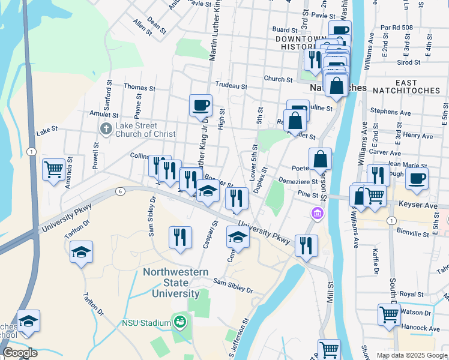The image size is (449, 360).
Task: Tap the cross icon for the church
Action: pyautogui.click(x=106, y=129)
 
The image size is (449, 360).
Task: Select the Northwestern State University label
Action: pyautogui.click(x=170, y=283)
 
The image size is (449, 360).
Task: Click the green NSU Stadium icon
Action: pyautogui.click(x=179, y=323)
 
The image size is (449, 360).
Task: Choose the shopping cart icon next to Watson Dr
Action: pyautogui.click(x=389, y=314)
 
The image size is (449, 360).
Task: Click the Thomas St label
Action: pyautogui.click(x=139, y=88)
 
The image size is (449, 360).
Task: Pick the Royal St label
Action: pyautogui.click(x=412, y=295)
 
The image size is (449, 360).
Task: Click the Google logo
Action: pyautogui.click(x=20, y=353)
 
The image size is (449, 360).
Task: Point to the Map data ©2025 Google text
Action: pyautogui.click(x=411, y=355)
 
